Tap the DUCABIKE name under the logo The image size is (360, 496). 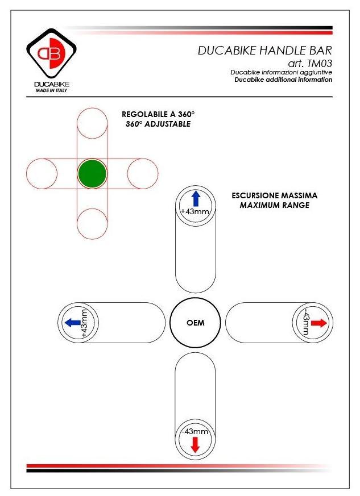tap(52, 84)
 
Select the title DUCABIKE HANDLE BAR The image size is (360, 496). tap(264, 51)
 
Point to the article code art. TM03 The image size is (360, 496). tap(311, 64)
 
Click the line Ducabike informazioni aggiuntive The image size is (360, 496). tap(281, 73)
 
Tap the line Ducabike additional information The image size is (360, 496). tap(283, 80)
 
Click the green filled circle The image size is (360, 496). tap(92, 173)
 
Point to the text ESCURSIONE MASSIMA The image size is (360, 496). tap(275, 195)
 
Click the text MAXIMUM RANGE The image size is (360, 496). tap(275, 205)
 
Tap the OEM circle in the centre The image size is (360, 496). tap(195, 323)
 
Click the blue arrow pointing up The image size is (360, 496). tap(195, 198)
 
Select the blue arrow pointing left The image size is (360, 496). tap(72, 323)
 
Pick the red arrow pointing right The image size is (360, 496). tap(318, 323)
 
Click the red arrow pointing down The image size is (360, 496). tap(195, 445)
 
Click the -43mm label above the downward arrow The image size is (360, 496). tap(195, 431)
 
